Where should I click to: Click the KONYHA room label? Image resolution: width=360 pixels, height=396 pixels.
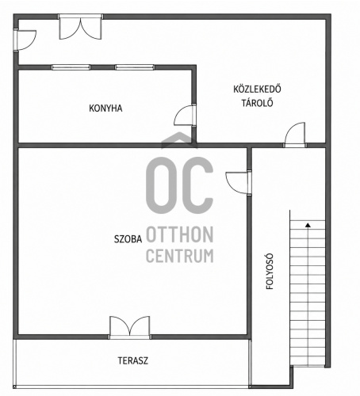105,109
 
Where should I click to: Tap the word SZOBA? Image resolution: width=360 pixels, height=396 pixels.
128,239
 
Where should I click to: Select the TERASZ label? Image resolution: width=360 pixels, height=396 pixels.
133,360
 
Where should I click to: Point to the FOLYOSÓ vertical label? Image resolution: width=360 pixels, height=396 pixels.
270,272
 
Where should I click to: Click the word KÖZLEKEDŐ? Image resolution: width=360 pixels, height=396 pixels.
257,89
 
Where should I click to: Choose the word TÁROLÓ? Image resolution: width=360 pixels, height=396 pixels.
257,103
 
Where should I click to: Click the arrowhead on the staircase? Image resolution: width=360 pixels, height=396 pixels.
308,225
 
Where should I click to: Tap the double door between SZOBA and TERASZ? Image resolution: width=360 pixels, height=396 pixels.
130,327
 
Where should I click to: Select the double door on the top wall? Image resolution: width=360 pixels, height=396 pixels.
80,28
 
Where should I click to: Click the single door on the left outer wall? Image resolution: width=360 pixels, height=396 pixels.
25,40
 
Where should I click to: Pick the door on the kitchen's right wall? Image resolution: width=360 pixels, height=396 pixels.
186,115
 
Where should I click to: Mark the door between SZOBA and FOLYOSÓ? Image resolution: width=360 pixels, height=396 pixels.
238,183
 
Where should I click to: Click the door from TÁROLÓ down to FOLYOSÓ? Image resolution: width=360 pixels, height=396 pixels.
295,135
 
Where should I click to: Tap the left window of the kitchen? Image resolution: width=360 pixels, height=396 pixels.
71,67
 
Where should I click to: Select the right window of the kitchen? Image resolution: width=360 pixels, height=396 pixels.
135,67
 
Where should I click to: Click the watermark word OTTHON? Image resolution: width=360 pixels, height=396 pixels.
180,234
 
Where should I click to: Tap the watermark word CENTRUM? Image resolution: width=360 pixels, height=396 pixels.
180,256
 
